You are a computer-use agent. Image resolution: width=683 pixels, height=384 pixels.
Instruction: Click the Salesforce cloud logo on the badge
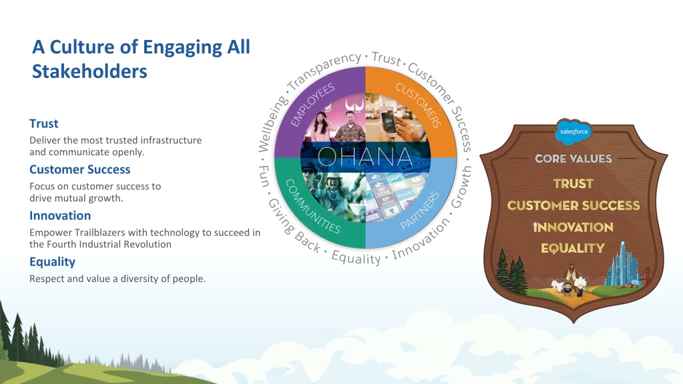coord(574,131)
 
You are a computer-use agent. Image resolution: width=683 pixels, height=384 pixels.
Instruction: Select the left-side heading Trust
coord(43,124)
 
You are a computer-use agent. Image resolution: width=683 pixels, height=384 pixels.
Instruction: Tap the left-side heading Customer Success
coord(79,169)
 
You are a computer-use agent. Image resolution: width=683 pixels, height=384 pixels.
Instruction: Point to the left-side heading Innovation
coord(60,216)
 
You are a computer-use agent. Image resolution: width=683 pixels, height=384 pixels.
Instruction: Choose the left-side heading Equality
coord(52,262)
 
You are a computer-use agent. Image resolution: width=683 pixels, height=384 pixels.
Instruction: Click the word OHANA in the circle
coord(365,157)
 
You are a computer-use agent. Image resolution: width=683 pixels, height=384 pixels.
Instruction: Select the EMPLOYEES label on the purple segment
coord(312,105)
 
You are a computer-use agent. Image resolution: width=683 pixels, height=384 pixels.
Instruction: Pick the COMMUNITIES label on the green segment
coord(312,207)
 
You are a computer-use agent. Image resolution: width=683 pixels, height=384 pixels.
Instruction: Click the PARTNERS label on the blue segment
coord(420,210)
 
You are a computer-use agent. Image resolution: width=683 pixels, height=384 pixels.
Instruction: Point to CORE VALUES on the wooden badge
coord(574,159)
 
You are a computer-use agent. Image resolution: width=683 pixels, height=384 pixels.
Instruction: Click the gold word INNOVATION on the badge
coord(574,227)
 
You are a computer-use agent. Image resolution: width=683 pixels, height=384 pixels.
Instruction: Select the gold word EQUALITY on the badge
coord(573,248)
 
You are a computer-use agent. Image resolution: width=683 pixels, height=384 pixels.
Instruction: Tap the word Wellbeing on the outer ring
coord(272,123)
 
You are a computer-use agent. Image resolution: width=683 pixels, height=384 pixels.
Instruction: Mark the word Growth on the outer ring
coord(461,186)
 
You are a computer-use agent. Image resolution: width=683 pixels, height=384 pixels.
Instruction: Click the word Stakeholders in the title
coord(89,71)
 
